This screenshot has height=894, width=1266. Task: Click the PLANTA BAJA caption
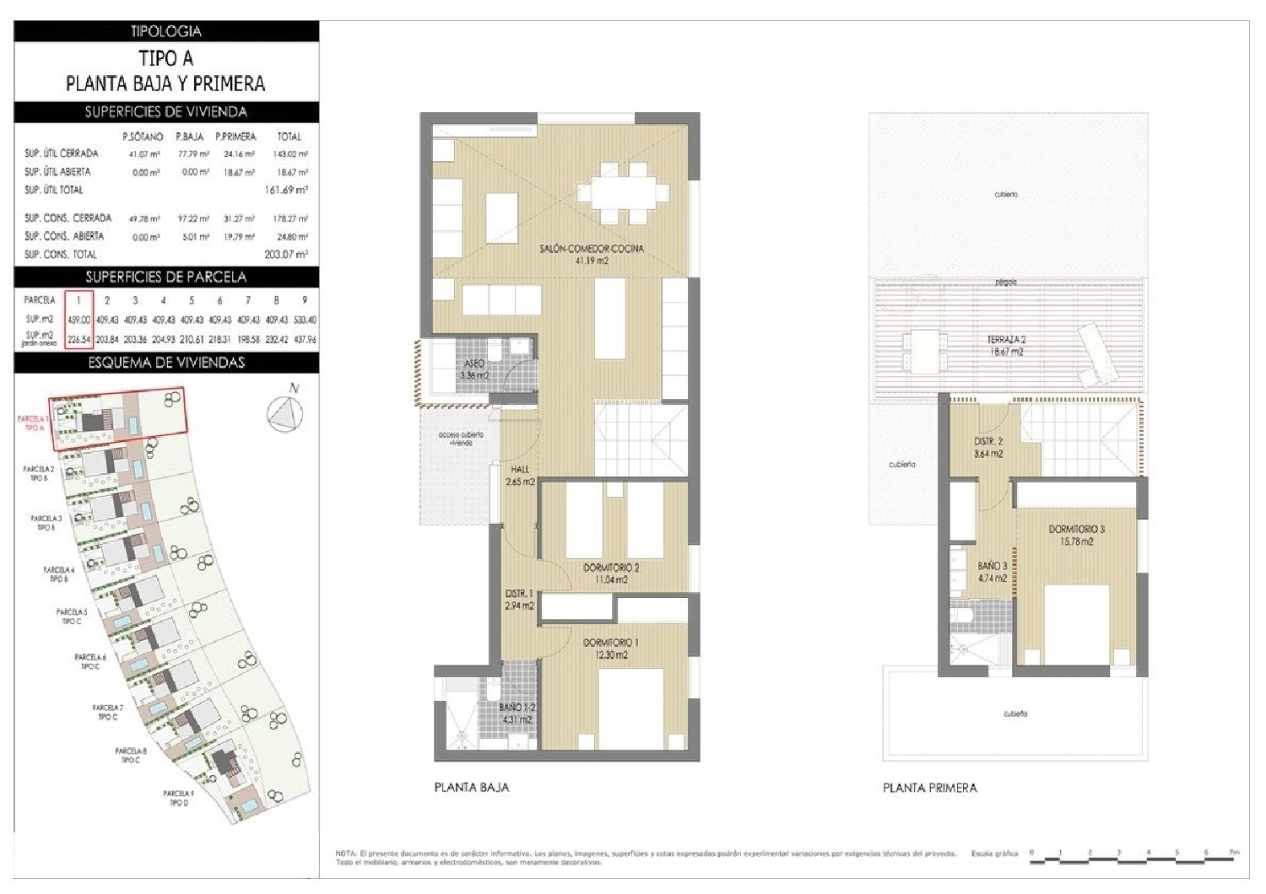click(x=472, y=787)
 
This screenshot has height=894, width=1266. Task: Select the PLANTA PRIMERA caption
click(x=929, y=788)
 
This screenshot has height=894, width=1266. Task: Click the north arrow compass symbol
click(x=285, y=413)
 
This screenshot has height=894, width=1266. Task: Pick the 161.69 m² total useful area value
click(x=286, y=190)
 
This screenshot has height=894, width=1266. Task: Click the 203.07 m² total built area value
click(x=286, y=254)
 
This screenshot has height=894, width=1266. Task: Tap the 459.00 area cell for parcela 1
click(x=78, y=320)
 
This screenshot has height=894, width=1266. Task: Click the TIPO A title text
click(x=165, y=58)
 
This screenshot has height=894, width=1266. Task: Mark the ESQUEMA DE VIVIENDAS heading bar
click(x=166, y=363)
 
